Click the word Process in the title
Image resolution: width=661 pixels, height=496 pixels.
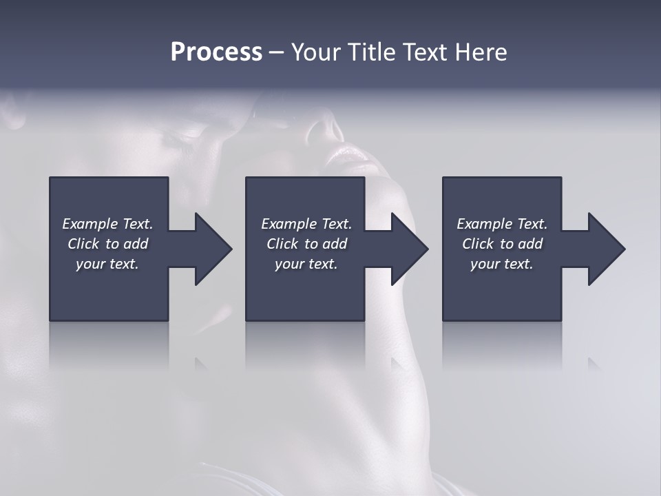tap(216, 52)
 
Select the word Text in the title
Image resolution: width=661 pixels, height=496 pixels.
tap(424, 52)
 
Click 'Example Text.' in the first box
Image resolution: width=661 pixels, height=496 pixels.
tap(107, 224)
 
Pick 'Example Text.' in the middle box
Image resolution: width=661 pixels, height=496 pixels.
tap(306, 224)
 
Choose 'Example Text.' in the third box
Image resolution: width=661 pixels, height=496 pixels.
tap(502, 224)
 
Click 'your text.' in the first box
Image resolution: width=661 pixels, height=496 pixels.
tap(107, 264)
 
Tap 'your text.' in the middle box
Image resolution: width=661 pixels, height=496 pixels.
tap(306, 264)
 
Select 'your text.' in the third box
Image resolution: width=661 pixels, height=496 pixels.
tap(502, 264)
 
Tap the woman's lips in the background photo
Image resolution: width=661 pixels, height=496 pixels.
tap(351, 157)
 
